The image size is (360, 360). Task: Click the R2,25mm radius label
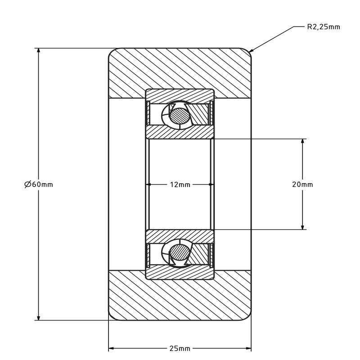pos(323,27)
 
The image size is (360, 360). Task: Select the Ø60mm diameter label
pos(39,184)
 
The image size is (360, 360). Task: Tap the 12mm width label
pos(180,184)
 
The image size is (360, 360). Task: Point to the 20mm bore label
pos(302,184)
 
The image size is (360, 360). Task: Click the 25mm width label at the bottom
pos(180,348)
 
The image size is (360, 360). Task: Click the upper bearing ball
pos(180,116)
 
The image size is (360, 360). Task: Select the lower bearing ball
pos(180,252)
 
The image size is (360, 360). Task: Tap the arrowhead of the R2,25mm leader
pos(251,50)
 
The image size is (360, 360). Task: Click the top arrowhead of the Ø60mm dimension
pos(39,51)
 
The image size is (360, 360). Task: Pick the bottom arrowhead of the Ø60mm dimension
pos(39,317)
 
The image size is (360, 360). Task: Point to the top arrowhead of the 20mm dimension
pos(302,142)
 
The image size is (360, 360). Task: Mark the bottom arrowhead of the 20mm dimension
pos(302,227)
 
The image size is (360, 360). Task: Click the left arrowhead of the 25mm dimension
pos(111,348)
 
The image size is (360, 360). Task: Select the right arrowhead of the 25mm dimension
pos(249,348)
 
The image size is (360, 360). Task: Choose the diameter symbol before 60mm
pos(27,184)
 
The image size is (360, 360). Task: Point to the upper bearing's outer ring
pos(180,95)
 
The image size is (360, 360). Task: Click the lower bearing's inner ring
pos(180,236)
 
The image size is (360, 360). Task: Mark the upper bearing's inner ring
pos(180,132)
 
